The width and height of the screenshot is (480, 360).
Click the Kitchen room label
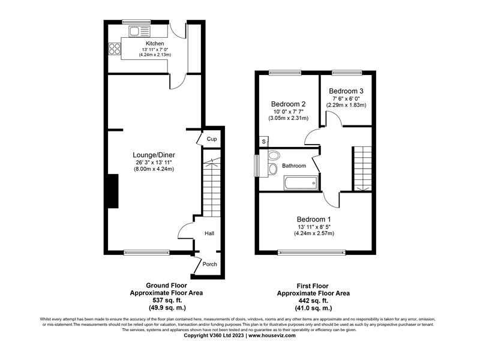point(155,43)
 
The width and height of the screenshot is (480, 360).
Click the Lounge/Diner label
point(154,155)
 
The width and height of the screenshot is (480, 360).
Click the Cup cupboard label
point(211,139)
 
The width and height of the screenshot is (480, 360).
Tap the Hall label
point(209,233)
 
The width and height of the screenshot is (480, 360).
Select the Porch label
point(209,265)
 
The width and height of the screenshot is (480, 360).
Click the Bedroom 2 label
point(288,103)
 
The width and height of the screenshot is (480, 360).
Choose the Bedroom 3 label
point(346,91)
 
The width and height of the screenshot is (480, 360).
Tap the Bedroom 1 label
point(313,219)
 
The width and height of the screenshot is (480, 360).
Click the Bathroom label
point(294,166)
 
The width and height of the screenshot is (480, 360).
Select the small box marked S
point(263,141)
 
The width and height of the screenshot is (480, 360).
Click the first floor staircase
point(363,168)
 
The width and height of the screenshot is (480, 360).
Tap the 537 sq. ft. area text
point(166,300)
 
